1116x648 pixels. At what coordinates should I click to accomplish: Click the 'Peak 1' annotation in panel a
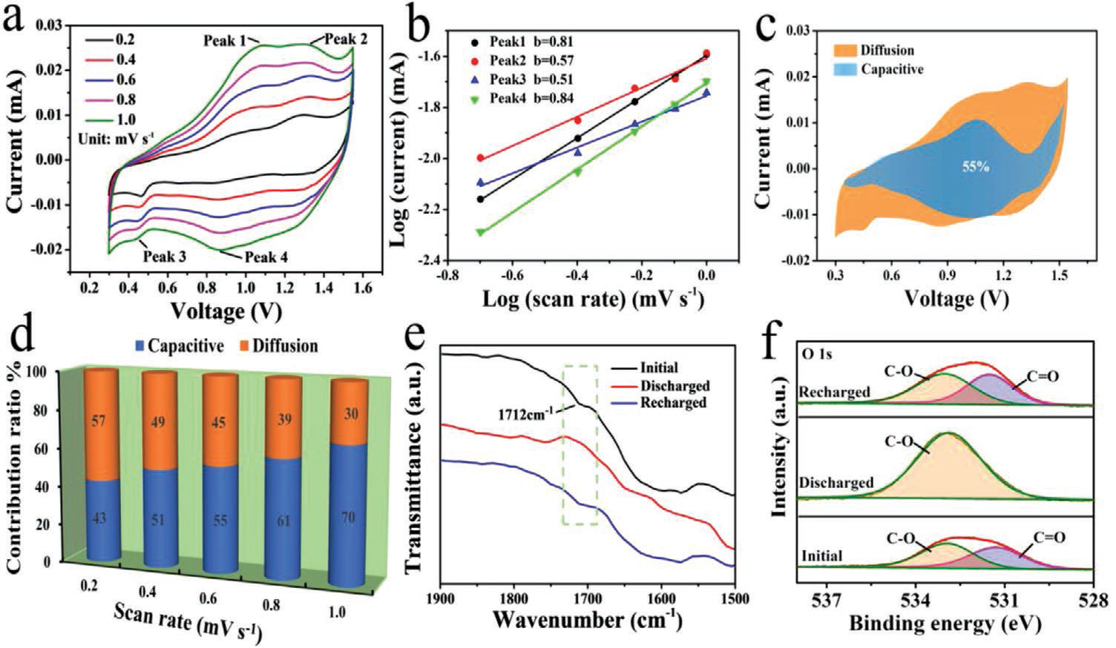pyautogui.click(x=224, y=41)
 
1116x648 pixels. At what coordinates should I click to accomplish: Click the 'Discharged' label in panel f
pyautogui.click(x=836, y=483)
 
